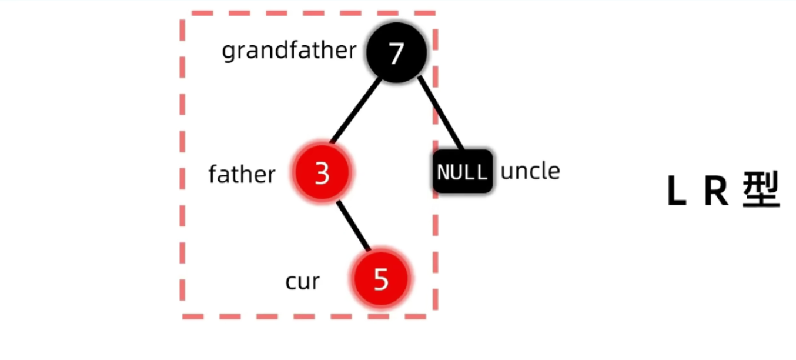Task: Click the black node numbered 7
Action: click(396, 53)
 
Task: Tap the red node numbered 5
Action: click(381, 279)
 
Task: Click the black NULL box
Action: click(463, 172)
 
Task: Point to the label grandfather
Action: click(289, 51)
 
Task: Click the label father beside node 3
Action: click(242, 174)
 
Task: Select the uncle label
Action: click(530, 171)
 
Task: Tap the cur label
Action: click(302, 281)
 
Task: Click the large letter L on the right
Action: click(677, 191)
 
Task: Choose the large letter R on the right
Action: click(716, 191)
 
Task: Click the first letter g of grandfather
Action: click(229, 52)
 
